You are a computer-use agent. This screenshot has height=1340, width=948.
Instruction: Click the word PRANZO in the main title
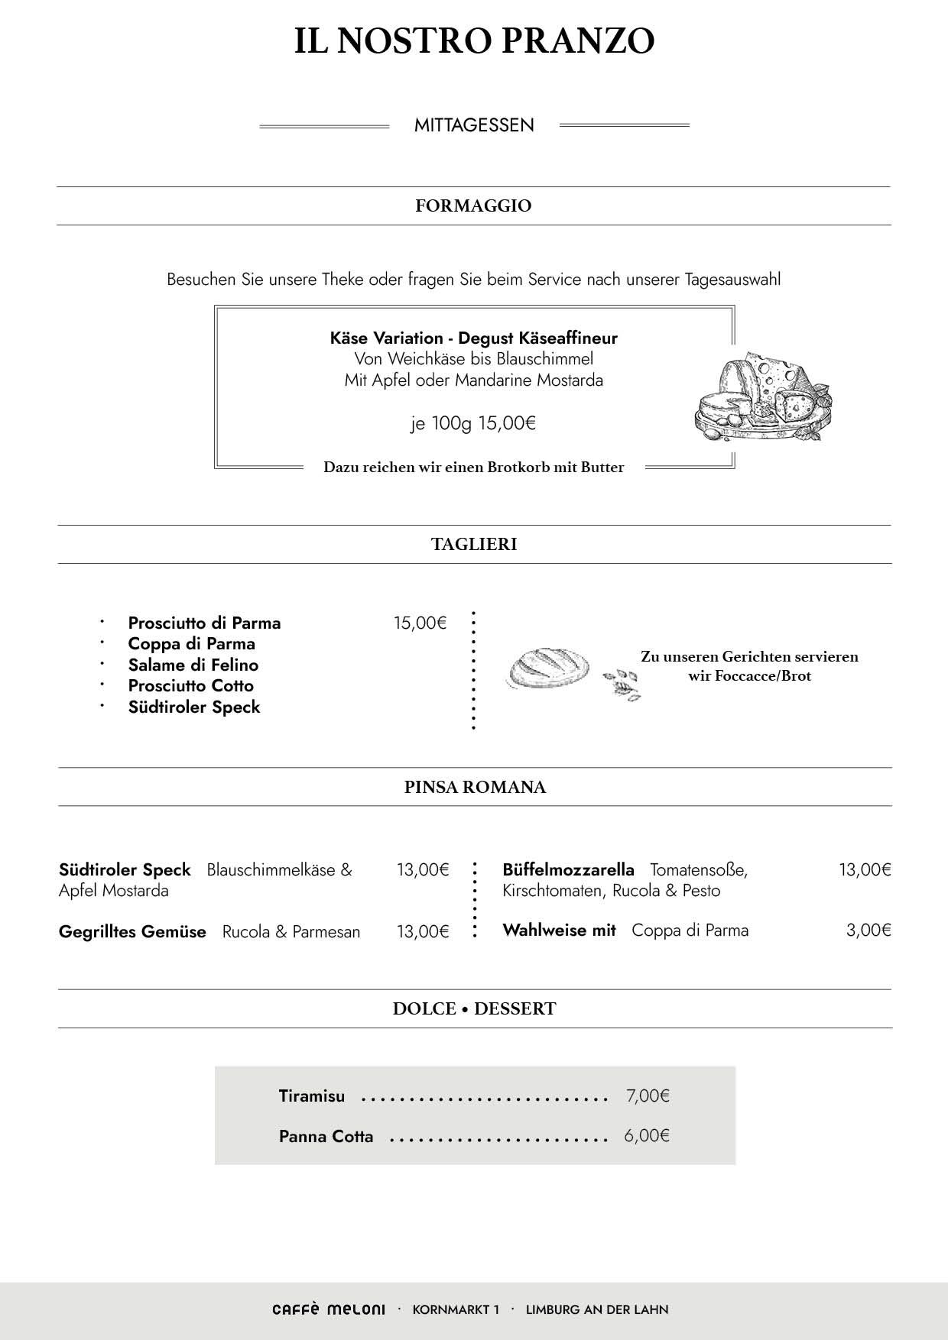pyautogui.click(x=577, y=41)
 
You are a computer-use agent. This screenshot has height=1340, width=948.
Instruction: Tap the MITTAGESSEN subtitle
pyautogui.click(x=474, y=125)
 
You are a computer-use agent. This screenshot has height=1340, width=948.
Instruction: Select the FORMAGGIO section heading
pyautogui.click(x=473, y=206)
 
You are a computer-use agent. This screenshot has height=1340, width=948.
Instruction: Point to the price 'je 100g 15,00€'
pyautogui.click(x=473, y=423)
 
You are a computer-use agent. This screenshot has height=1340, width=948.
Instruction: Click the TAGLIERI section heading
pyautogui.click(x=474, y=545)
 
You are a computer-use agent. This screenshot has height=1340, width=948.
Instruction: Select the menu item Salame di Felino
pyautogui.click(x=193, y=665)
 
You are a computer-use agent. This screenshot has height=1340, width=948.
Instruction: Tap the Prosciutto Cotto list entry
pyautogui.click(x=191, y=686)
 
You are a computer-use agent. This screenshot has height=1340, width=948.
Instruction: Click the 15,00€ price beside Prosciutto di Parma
pyautogui.click(x=420, y=623)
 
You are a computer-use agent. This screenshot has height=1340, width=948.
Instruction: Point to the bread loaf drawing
pyautogui.click(x=548, y=670)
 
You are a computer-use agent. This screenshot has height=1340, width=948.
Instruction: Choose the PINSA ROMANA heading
pyautogui.click(x=475, y=788)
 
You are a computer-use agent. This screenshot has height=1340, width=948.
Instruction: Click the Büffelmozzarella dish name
pyautogui.click(x=568, y=869)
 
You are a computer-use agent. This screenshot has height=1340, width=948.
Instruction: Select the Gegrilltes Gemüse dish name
pyautogui.click(x=132, y=932)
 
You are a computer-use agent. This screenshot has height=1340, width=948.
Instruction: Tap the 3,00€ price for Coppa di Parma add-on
pyautogui.click(x=868, y=931)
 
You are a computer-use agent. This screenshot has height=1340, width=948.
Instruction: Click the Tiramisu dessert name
pyautogui.click(x=312, y=1096)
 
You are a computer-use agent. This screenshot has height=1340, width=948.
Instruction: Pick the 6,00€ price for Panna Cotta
pyautogui.click(x=647, y=1136)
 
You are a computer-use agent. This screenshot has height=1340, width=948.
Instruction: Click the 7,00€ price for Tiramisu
pyautogui.click(x=648, y=1096)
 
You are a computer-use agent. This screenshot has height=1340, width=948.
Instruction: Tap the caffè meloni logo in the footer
pyautogui.click(x=329, y=1309)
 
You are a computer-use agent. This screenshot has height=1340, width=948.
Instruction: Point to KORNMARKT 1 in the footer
pyautogui.click(x=456, y=1309)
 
